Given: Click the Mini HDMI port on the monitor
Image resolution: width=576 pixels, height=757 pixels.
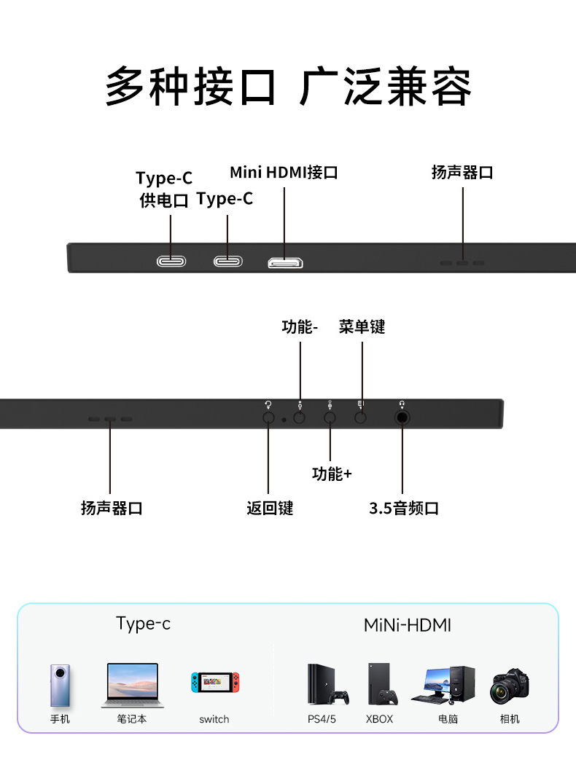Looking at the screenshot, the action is [x=285, y=263].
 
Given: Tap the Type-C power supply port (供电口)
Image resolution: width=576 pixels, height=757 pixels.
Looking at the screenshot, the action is [x=171, y=262].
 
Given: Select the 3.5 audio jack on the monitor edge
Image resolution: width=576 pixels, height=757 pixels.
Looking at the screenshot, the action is [x=402, y=417].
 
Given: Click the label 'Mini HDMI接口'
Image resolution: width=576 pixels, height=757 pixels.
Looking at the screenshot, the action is [x=284, y=173].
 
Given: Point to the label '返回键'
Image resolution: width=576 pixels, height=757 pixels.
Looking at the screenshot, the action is [x=269, y=509].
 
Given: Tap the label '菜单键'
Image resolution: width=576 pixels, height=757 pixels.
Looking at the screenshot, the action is [x=362, y=326].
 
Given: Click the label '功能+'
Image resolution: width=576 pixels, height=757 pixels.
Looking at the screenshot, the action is [x=332, y=474].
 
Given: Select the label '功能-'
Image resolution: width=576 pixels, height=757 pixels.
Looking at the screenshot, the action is [x=300, y=326].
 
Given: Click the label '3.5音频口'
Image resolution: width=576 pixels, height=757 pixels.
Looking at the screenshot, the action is [x=404, y=509].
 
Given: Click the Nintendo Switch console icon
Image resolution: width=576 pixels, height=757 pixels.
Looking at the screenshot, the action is [x=214, y=683].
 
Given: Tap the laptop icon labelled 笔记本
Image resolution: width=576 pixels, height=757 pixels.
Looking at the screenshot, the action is [x=132, y=685].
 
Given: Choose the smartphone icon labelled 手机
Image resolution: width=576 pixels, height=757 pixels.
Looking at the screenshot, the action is [x=61, y=685].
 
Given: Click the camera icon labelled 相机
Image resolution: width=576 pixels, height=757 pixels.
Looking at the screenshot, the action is [x=510, y=686].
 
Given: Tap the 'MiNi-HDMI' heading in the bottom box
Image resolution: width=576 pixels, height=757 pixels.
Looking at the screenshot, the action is [x=408, y=625].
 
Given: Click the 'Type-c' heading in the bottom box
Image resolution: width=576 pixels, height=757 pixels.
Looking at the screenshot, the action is [x=143, y=624].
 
